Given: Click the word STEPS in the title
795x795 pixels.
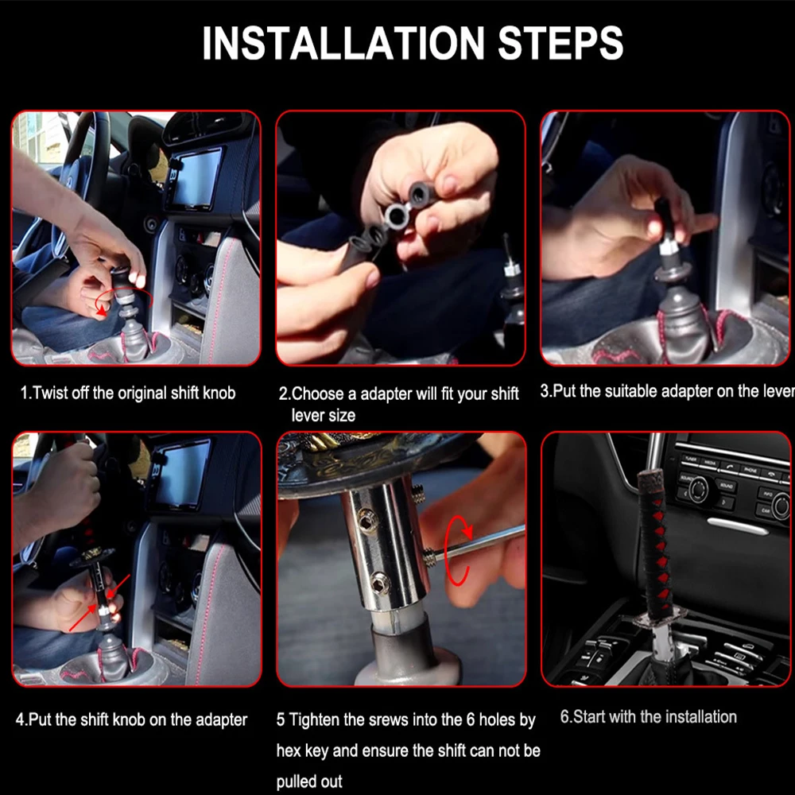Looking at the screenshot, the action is click(x=560, y=43).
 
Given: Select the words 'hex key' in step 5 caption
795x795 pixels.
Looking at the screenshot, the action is click(x=303, y=751).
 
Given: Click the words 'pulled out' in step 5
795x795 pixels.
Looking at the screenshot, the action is click(x=309, y=781).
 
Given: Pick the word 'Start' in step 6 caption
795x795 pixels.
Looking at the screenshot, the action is click(x=591, y=717).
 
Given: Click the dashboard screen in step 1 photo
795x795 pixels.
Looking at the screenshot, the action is click(x=196, y=178).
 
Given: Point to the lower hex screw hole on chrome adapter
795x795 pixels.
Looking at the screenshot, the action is click(x=380, y=583).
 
